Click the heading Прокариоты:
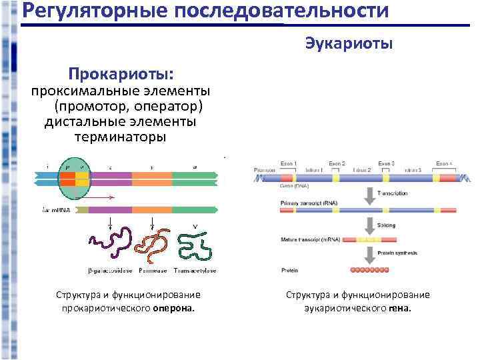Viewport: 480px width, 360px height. tap(121, 72)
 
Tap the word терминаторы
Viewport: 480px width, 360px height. tap(120, 137)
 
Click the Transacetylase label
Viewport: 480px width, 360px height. tap(194, 271)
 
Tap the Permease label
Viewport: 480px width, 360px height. tap(153, 271)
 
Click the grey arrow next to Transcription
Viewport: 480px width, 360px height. tap(368, 195)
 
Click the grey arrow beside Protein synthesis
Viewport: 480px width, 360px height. tap(368, 254)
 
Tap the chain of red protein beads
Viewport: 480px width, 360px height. tap(369, 271)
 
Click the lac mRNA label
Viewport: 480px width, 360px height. tap(56, 211)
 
